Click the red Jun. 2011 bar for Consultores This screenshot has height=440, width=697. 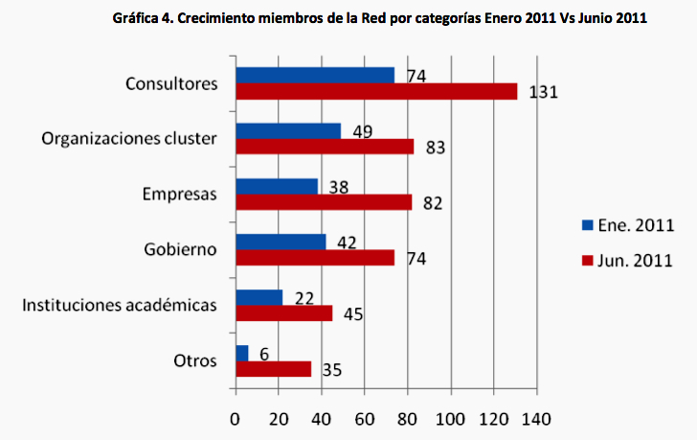[x=376, y=91]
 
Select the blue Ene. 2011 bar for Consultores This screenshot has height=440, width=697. [x=315, y=75]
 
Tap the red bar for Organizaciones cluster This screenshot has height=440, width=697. [x=325, y=147]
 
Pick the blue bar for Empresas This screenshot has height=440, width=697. [x=277, y=186]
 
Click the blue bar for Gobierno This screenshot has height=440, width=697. [x=281, y=242]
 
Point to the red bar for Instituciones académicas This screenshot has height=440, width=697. [x=283, y=313]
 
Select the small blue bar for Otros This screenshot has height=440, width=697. [x=242, y=353]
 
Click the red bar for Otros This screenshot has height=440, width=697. [x=273, y=369]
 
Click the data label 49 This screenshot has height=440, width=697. [x=361, y=131]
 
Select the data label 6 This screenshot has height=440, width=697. [x=264, y=354]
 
